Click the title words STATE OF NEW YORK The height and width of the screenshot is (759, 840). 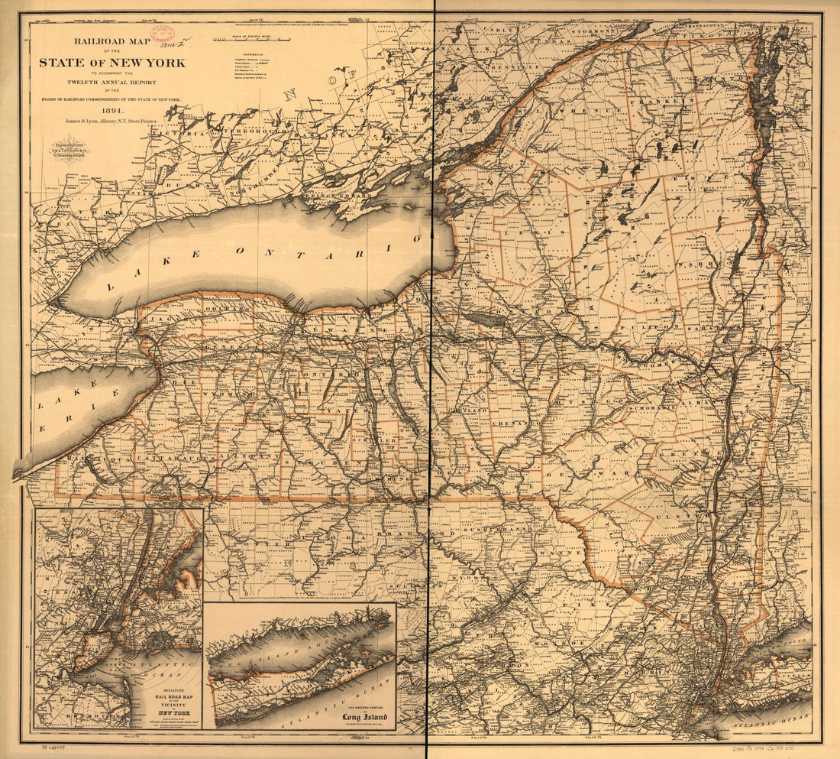pos(112,63)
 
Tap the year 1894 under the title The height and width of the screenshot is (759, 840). pos(112,108)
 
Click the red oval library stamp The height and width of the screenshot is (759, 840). pos(162,33)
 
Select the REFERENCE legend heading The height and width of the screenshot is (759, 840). pos(251,54)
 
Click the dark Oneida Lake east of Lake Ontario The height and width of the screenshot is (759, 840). pos(486,319)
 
